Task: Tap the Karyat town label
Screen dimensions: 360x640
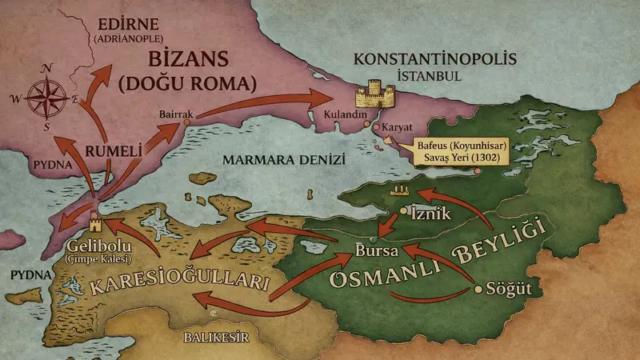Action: tap(398, 126)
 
